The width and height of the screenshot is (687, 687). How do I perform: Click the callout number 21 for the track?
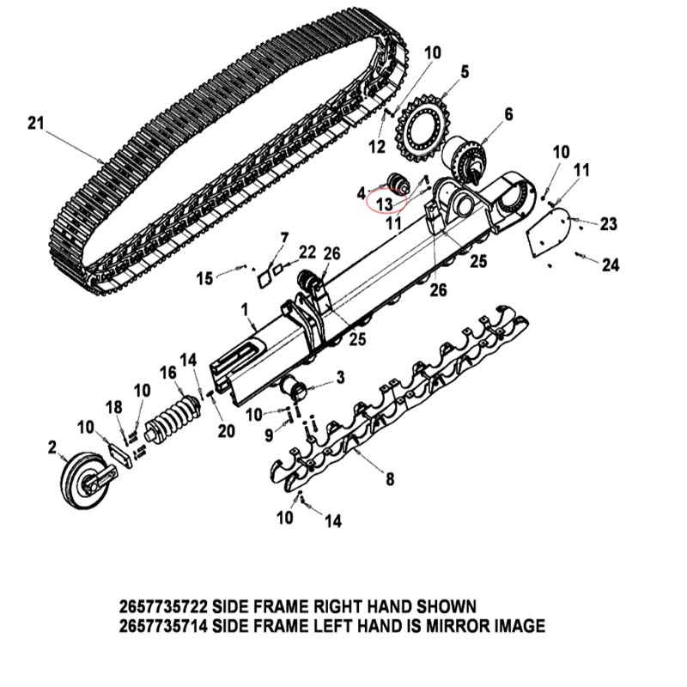click(x=36, y=123)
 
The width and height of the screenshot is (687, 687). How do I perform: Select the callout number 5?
click(x=465, y=72)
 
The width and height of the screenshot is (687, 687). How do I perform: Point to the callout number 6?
click(x=508, y=114)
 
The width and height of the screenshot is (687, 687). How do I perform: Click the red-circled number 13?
click(x=384, y=204)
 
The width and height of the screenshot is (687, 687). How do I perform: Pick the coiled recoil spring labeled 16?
click(x=173, y=418)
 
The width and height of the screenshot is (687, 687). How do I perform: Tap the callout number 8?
click(x=390, y=479)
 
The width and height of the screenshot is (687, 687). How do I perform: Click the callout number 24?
click(x=611, y=264)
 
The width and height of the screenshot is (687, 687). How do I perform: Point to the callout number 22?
click(x=307, y=252)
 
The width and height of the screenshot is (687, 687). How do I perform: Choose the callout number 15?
click(x=204, y=278)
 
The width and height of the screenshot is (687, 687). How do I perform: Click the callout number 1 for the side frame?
click(x=245, y=310)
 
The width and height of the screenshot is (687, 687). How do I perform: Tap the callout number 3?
click(x=340, y=378)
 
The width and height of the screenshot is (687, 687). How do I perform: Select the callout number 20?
click(x=226, y=432)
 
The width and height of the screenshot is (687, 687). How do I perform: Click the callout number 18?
click(x=114, y=407)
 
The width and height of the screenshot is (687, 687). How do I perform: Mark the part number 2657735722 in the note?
click(x=163, y=607)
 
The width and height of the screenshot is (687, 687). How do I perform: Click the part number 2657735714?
click(x=163, y=626)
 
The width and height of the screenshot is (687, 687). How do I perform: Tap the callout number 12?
click(x=376, y=147)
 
